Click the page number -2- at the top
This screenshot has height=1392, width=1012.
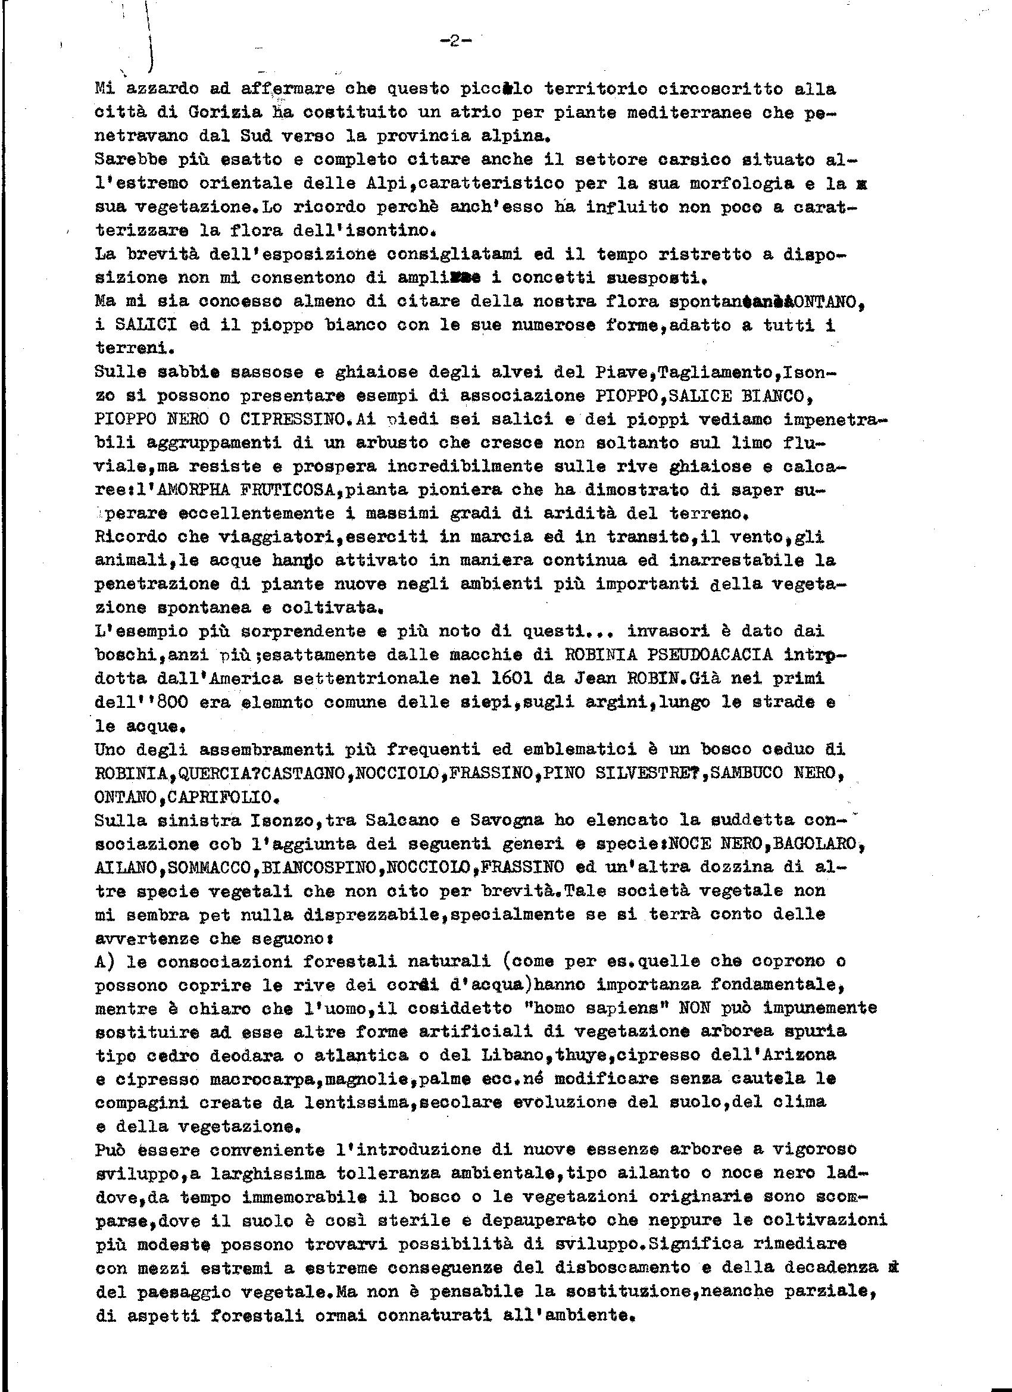pyautogui.click(x=455, y=42)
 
